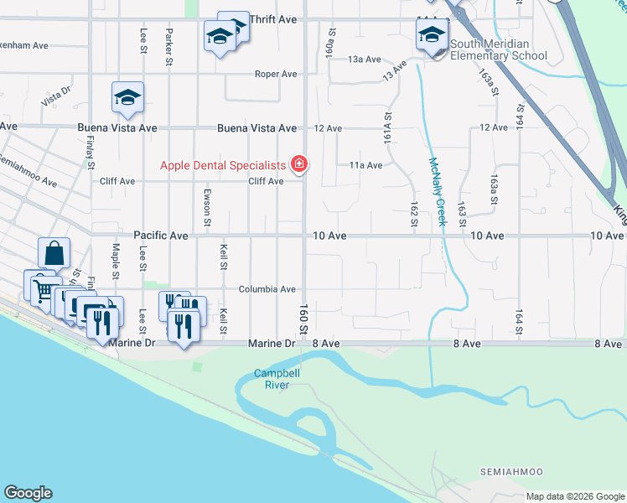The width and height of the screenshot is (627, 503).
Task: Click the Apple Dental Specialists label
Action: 223,164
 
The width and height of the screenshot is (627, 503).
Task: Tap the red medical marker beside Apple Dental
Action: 298,163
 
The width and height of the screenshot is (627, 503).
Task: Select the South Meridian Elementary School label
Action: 499,50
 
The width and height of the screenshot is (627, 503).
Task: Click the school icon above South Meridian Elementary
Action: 432,35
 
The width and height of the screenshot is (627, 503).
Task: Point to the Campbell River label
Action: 272,379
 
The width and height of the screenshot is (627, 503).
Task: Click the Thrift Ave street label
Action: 273,18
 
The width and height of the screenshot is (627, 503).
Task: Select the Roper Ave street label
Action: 277,74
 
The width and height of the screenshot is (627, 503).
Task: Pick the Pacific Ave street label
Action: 161,236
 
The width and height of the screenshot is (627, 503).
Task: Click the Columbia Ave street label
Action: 267,289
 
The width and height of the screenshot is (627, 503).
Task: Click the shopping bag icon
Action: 54,251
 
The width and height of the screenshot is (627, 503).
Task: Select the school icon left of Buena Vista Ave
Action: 127,98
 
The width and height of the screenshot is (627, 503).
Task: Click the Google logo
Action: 28,493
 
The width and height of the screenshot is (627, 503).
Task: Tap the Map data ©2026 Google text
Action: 575,496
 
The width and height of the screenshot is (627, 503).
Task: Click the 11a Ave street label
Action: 365,165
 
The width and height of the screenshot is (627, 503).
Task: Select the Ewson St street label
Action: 206,206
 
